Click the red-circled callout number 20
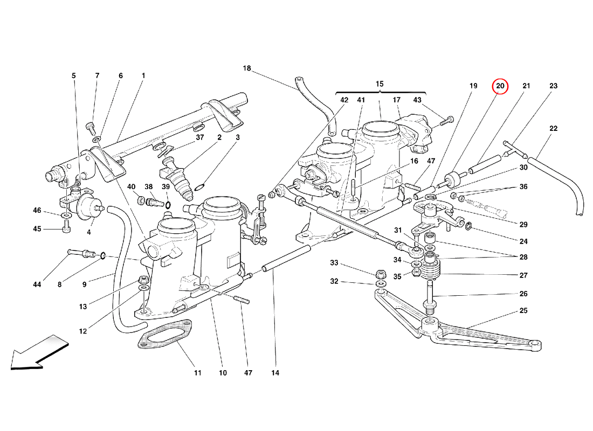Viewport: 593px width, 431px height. coord(500,86)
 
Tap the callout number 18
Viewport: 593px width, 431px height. coord(247,68)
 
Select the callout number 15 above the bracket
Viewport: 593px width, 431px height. coord(380,84)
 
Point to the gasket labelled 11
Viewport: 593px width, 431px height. coord(166,338)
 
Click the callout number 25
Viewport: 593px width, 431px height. coord(524,311)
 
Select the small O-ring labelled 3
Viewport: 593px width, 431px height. coord(199,187)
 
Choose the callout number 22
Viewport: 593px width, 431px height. coord(553,128)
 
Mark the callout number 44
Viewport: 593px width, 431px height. coord(37,284)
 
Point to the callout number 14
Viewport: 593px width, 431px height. coord(276,372)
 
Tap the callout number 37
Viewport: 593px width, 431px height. coord(201,137)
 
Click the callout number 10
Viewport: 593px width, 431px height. coord(223,372)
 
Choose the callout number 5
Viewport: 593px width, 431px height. coord(74,76)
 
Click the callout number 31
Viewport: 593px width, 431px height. coord(398,231)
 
